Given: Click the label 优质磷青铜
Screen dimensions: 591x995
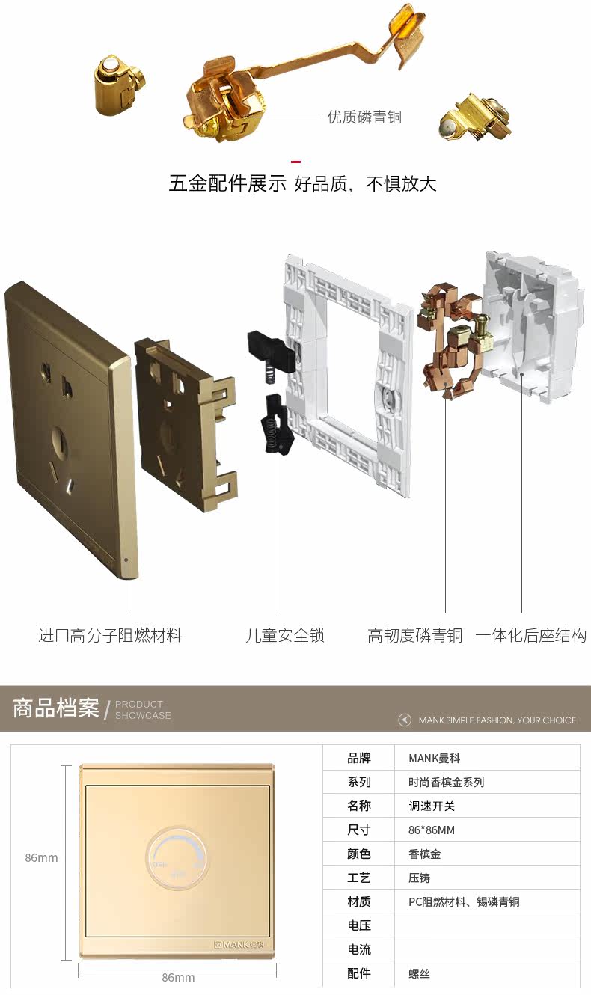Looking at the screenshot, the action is pyautogui.click(x=364, y=117).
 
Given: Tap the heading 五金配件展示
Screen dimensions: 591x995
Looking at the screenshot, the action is pyautogui.click(x=227, y=183).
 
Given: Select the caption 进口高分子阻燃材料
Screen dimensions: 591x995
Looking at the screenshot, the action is pyautogui.click(x=110, y=636).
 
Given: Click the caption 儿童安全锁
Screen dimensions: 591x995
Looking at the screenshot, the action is pyautogui.click(x=285, y=636).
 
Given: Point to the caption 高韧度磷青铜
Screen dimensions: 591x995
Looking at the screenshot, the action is pyautogui.click(x=415, y=636).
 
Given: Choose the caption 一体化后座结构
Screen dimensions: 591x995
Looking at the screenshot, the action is pyautogui.click(x=530, y=636).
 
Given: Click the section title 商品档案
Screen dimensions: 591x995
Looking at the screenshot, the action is pyautogui.click(x=56, y=708).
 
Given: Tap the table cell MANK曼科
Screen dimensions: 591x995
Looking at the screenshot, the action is pyautogui.click(x=435, y=758).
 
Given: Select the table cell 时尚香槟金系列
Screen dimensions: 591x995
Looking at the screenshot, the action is pyautogui.click(x=446, y=782).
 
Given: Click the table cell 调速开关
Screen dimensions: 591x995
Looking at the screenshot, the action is pyautogui.click(x=432, y=806).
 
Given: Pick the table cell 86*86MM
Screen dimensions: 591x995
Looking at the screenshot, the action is pyautogui.click(x=432, y=830).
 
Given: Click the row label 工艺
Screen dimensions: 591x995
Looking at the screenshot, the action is pyautogui.click(x=359, y=878).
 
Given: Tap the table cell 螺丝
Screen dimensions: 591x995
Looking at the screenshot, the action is pyautogui.click(x=419, y=973).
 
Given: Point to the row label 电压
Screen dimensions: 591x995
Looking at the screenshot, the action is pyautogui.click(x=359, y=925).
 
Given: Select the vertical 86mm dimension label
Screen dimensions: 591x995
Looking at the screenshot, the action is pyautogui.click(x=41, y=858).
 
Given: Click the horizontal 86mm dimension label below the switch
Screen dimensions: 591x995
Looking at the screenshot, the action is pyautogui.click(x=178, y=978).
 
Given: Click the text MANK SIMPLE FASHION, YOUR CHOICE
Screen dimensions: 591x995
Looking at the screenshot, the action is pyautogui.click(x=497, y=720).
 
